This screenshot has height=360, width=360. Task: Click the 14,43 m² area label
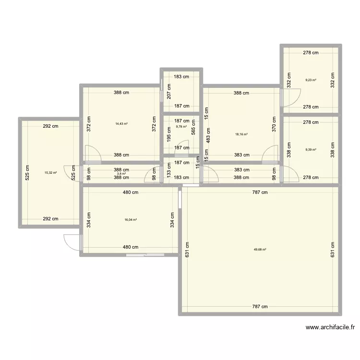[x=121, y=124]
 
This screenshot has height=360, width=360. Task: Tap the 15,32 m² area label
[x=50, y=173]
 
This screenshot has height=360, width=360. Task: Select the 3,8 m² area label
[x=121, y=174]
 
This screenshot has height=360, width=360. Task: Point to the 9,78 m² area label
[x=182, y=127]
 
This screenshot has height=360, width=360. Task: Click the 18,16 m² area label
[x=241, y=134]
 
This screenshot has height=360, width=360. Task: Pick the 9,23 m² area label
[x=311, y=80]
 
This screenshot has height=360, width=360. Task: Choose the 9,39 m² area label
[x=311, y=149]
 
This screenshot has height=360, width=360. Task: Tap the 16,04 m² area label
[x=131, y=220]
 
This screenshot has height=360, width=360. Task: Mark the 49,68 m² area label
[x=260, y=249]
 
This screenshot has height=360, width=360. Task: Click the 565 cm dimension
[x=193, y=128]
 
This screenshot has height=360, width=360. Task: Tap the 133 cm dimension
[x=168, y=170]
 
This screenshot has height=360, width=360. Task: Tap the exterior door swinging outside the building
[x=72, y=242]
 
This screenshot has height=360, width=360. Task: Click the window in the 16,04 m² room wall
[x=144, y=255]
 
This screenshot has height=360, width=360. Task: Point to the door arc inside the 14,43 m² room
[x=93, y=153]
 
